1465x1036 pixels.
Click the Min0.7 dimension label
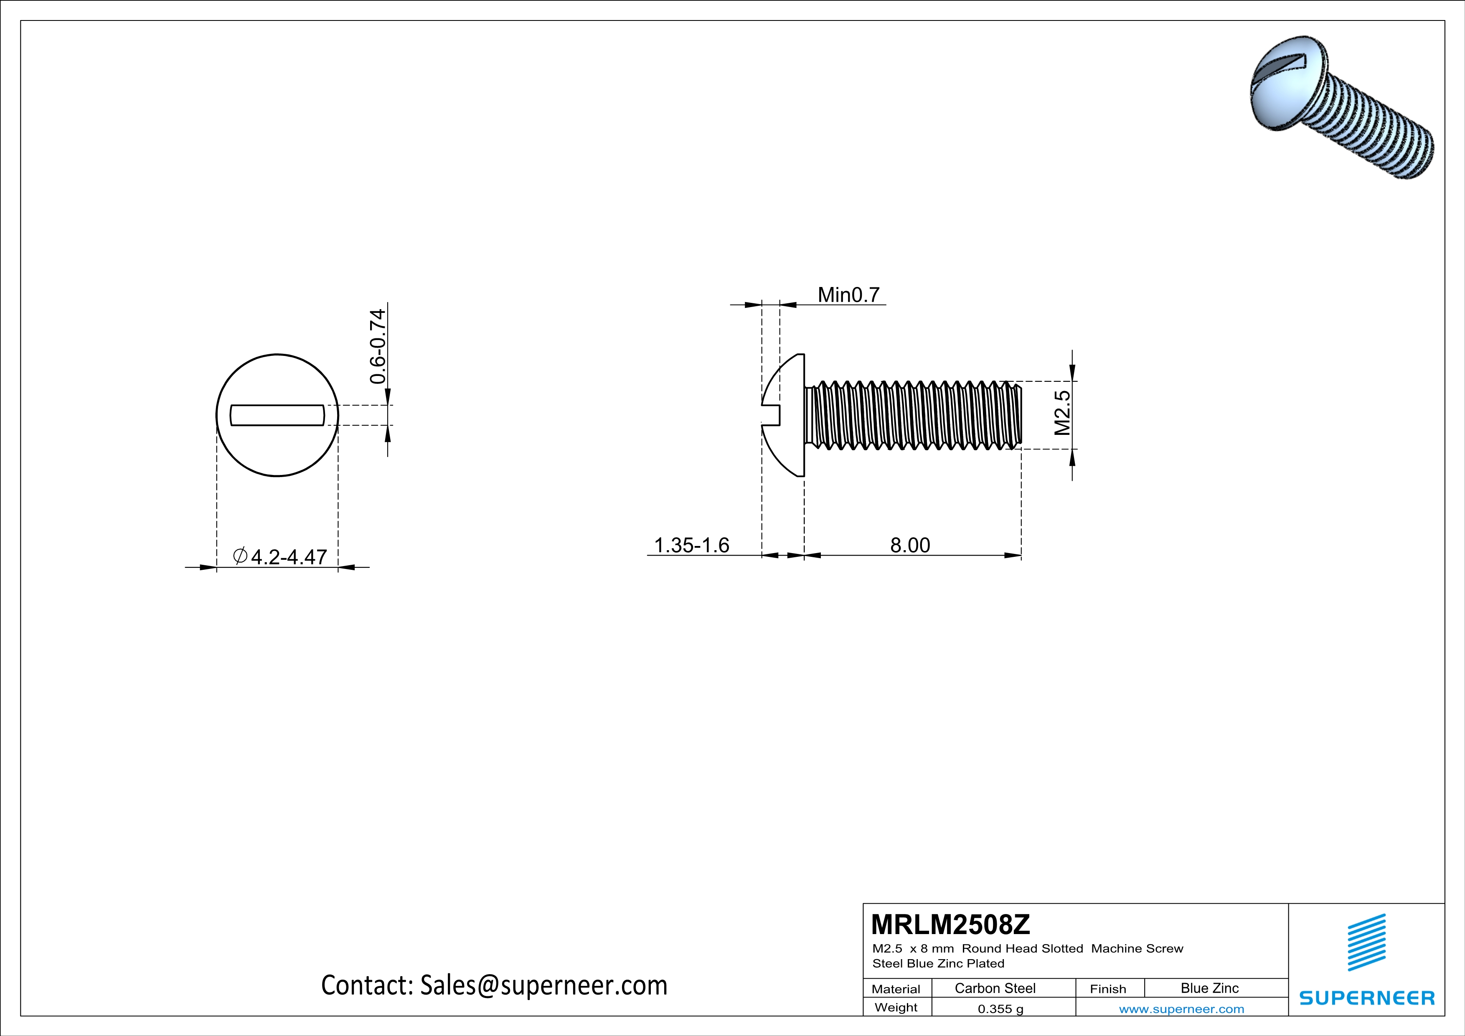(848, 295)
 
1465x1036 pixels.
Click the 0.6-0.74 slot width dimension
(378, 346)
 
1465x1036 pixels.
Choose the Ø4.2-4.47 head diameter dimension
(281, 556)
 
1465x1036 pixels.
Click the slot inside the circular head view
(277, 415)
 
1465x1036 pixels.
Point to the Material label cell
(896, 989)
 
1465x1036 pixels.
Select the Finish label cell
(1108, 989)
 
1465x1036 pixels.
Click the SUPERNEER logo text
(1367, 998)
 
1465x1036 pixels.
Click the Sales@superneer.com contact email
(543, 985)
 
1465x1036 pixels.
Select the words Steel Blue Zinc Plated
(938, 963)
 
